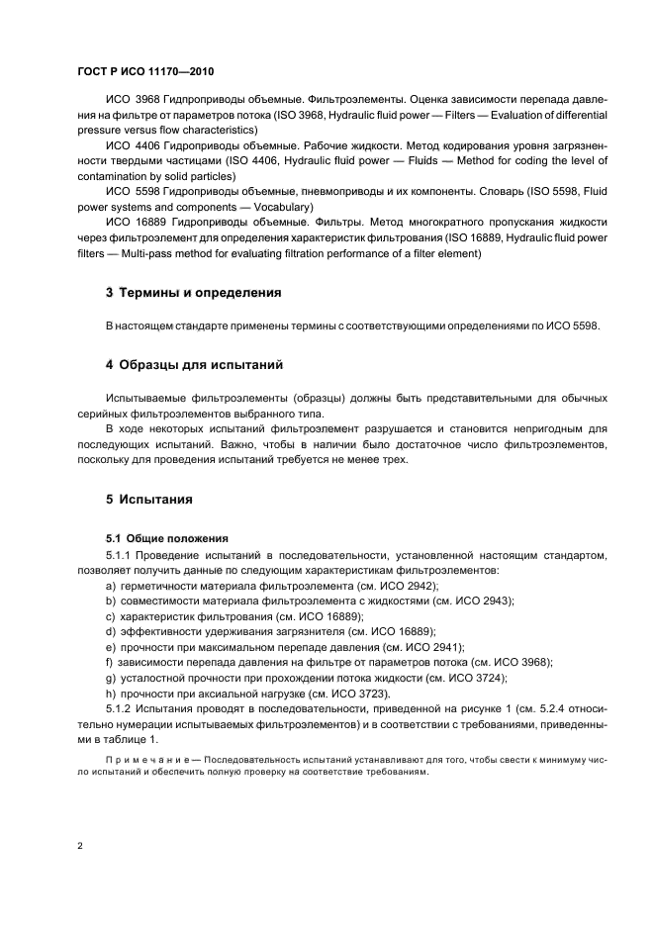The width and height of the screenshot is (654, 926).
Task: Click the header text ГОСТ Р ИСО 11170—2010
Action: pos(144,72)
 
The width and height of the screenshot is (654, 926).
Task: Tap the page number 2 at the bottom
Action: pos(80,846)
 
